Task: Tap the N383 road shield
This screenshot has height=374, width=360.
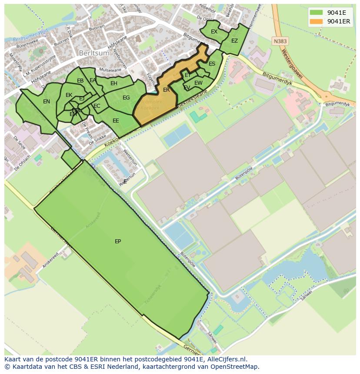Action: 280,41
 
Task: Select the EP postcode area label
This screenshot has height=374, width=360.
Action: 118,242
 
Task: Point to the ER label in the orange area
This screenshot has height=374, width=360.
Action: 166,90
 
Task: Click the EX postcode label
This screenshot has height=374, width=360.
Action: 214,32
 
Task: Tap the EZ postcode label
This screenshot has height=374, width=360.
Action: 234,41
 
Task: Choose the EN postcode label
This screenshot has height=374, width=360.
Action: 47,102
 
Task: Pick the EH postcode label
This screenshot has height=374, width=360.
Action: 114,83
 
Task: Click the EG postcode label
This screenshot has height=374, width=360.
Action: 126,98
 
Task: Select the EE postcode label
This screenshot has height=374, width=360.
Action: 116,121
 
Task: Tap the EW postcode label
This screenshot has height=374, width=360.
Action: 198,83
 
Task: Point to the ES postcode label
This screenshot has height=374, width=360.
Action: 212,64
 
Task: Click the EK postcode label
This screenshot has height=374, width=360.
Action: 69,95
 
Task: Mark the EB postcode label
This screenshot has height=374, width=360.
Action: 80,81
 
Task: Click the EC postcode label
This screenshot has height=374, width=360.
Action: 97,106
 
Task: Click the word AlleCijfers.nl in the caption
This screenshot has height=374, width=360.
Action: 226,359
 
